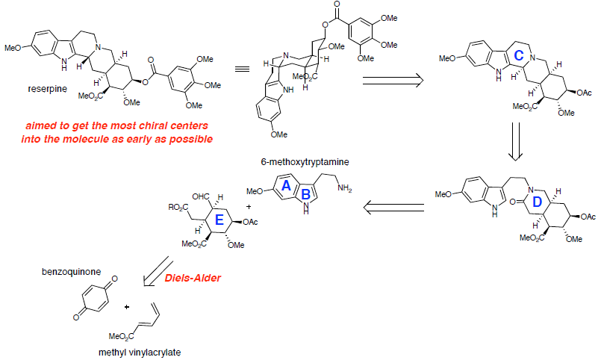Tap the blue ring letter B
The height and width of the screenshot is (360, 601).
(x=306, y=196)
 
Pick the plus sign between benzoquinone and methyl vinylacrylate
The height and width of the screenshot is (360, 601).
(x=128, y=306)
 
